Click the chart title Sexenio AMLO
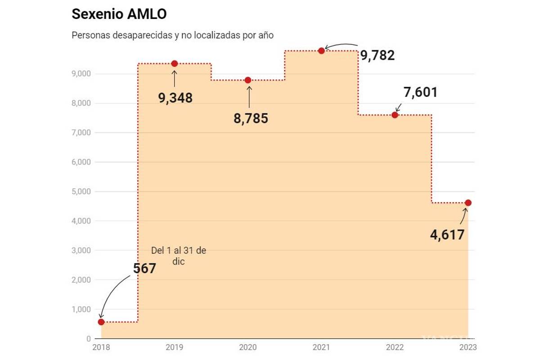(119, 14)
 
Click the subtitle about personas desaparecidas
(172, 35)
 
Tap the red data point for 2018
(101, 322)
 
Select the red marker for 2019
(175, 63)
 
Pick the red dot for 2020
(248, 80)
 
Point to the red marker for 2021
(321, 51)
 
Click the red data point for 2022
(395, 115)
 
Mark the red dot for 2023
(468, 202)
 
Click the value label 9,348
(175, 98)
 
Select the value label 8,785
(251, 119)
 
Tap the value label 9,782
(377, 55)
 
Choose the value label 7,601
(420, 92)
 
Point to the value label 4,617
(447, 235)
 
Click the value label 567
(144, 269)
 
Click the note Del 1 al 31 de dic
(179, 256)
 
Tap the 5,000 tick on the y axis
(82, 192)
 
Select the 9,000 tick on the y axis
(82, 74)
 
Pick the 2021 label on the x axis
(321, 347)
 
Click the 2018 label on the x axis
(101, 347)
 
